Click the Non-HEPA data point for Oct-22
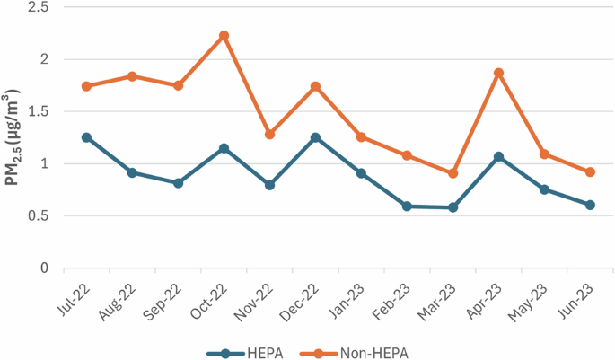(224, 36)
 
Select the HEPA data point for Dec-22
(315, 137)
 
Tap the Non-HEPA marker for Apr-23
(498, 73)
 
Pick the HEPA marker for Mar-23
(452, 207)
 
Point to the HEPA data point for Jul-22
(86, 137)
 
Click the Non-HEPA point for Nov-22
(269, 134)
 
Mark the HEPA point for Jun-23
(590, 205)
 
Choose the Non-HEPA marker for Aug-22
(132, 76)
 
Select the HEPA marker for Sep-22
(178, 183)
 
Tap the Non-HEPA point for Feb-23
(407, 155)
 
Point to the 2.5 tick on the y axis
(37, 7)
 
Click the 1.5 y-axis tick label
(37, 111)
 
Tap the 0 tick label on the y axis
(43, 268)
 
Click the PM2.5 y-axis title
(13, 138)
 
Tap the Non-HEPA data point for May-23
(544, 154)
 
